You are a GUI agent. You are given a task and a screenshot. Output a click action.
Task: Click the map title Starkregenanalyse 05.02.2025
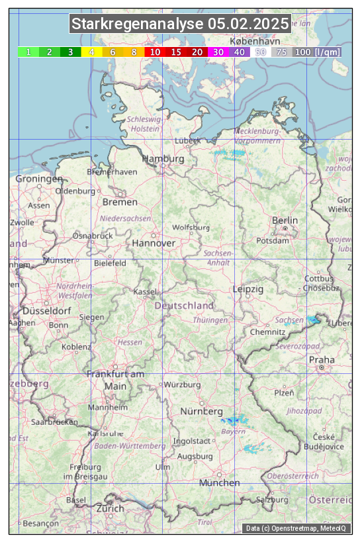[180, 24]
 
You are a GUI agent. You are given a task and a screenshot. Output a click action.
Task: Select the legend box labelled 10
[155, 52]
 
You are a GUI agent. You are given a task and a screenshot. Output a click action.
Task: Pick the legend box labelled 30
[218, 52]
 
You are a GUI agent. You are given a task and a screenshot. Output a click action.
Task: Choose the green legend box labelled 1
[28, 52]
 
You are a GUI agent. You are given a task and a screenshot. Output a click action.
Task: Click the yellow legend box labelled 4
[91, 52]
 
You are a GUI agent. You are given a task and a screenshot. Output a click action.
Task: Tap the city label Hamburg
[163, 159]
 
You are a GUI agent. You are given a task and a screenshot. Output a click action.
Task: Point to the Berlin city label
[285, 220]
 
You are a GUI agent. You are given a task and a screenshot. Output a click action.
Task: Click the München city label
[219, 482]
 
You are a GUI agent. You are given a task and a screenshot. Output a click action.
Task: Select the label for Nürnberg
[202, 412]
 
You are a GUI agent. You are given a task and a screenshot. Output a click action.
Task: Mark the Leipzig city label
[248, 289]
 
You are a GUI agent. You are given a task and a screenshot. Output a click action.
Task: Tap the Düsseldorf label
[46, 310]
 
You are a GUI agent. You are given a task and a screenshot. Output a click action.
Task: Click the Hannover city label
[154, 243]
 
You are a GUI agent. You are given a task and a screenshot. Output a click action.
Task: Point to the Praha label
[321, 359]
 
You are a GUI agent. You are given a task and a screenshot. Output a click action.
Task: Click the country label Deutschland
[184, 305]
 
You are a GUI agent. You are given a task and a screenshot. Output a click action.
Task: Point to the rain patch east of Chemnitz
[313, 320]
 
